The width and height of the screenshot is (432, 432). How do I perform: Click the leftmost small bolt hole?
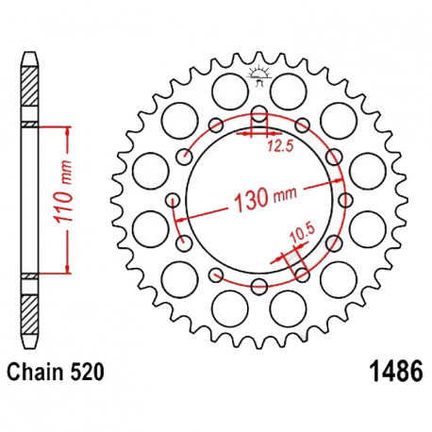[x=174, y=200]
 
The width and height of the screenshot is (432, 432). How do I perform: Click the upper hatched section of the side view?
[x=31, y=91]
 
